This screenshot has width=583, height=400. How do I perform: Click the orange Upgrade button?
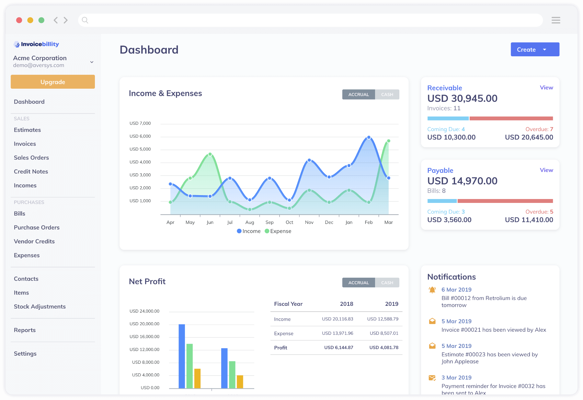(x=52, y=82)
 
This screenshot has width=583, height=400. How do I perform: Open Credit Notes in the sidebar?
(x=31, y=172)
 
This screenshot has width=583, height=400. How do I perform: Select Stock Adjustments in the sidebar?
(x=40, y=306)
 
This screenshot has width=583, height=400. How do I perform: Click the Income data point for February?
(x=369, y=138)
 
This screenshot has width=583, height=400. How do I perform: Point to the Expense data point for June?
(x=210, y=154)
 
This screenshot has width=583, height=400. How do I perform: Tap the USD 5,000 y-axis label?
(x=140, y=149)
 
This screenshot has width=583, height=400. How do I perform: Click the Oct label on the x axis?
(x=289, y=222)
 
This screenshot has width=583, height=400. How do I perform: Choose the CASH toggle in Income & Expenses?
(x=387, y=94)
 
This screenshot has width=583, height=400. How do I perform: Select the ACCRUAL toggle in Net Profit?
(x=359, y=283)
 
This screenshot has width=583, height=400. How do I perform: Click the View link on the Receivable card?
(x=546, y=88)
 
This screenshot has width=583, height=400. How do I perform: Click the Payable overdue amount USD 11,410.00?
(x=529, y=220)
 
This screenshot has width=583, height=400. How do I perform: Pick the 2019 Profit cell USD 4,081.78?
(x=384, y=348)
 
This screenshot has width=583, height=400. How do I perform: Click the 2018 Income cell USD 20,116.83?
(x=337, y=319)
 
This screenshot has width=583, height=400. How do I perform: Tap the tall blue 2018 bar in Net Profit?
(x=182, y=356)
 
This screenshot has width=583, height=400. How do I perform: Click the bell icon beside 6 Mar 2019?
(x=432, y=290)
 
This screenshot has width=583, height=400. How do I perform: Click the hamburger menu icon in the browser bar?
(x=556, y=20)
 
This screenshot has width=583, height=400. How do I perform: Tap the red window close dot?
(x=19, y=20)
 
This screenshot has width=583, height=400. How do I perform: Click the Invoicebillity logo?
(x=36, y=44)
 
